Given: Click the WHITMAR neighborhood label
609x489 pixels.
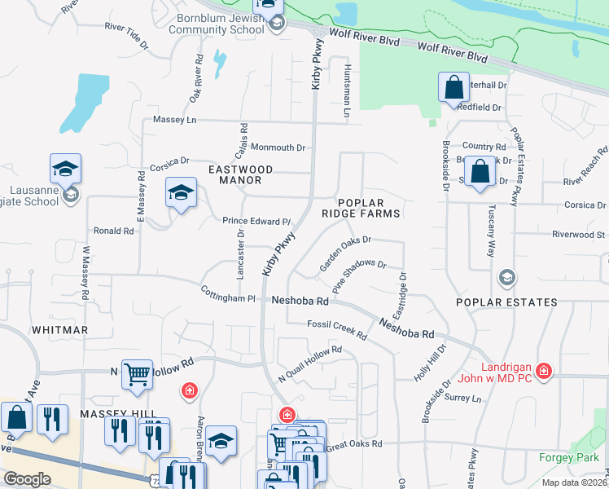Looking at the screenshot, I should tap(59, 330).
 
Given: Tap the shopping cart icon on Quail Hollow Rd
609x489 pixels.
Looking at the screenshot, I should tap(137, 375).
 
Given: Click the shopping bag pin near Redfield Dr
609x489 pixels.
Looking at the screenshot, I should tap(453, 87).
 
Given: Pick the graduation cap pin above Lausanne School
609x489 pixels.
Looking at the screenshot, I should tap(65, 169).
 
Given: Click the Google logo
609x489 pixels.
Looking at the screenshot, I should tap(27, 479).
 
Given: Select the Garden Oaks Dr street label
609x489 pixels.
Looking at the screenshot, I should tap(345, 253).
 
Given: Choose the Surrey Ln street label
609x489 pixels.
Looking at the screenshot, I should tap(464, 399).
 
